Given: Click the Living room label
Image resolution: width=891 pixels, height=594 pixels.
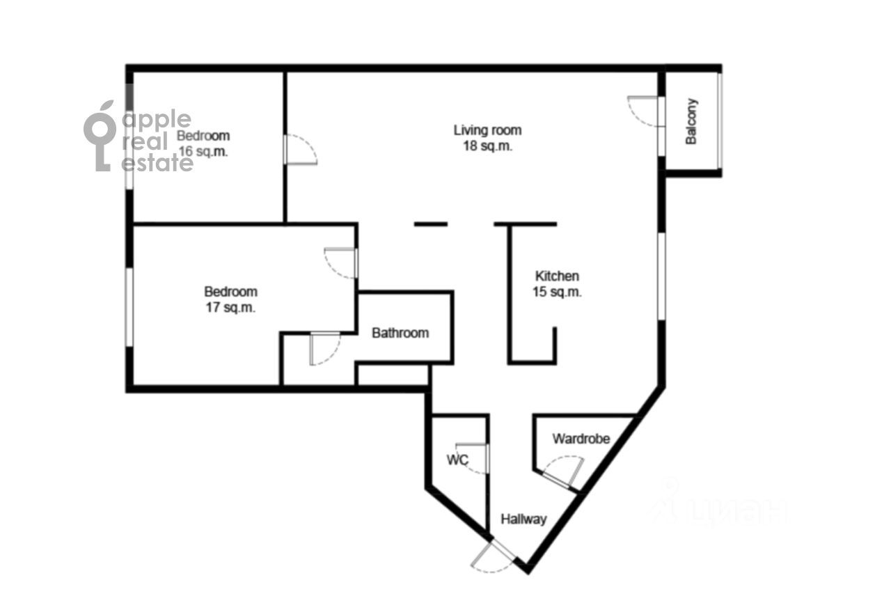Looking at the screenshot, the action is [487, 130].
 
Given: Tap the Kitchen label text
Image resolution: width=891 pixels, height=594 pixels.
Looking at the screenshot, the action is [557, 276].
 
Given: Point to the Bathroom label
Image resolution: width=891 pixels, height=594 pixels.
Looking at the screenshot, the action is [400, 333].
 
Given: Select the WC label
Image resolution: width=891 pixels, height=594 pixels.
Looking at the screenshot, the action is [457, 460].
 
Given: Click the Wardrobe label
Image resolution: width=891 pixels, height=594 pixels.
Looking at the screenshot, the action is [581, 439].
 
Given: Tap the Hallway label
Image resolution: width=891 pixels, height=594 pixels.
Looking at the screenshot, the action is [523, 519].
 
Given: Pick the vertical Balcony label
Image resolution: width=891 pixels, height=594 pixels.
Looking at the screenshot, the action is [691, 121].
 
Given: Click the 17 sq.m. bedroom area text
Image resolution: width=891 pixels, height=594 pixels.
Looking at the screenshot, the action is [230, 308].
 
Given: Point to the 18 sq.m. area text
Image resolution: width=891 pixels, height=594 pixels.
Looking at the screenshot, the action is [487, 146].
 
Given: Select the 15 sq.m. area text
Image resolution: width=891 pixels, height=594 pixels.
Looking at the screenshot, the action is [557, 292].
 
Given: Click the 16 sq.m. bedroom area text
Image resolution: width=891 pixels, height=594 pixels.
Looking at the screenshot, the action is [203, 152].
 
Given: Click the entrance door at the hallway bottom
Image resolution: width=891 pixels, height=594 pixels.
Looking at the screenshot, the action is [494, 556].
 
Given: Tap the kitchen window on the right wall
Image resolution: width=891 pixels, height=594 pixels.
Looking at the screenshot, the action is [661, 276].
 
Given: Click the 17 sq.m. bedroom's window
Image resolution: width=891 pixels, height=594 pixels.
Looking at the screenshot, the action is [129, 307].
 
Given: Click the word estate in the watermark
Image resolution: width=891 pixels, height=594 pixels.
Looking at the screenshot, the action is [157, 163].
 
